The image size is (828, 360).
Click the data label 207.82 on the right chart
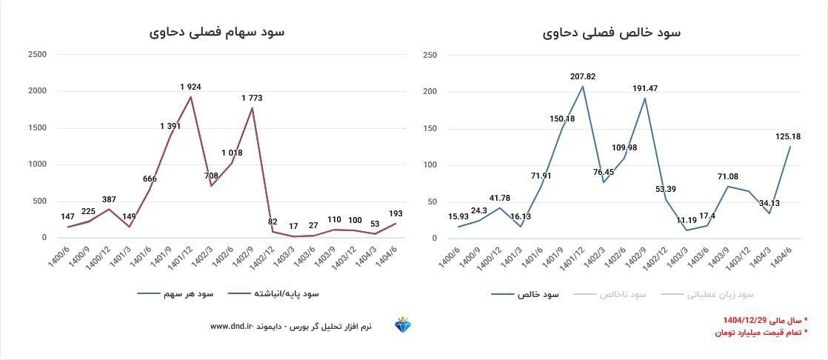point(582,76)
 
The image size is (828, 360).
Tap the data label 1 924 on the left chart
point(190,87)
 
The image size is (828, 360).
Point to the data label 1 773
point(252,98)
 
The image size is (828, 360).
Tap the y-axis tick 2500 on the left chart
point(37,55)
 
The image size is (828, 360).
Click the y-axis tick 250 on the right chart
point(430,55)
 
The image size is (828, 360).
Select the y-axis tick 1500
point(37,128)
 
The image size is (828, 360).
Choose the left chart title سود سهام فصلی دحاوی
point(216,33)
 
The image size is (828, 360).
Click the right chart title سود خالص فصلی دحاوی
point(612,33)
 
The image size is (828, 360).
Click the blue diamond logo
point(403,326)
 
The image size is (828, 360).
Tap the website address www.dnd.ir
point(232,326)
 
